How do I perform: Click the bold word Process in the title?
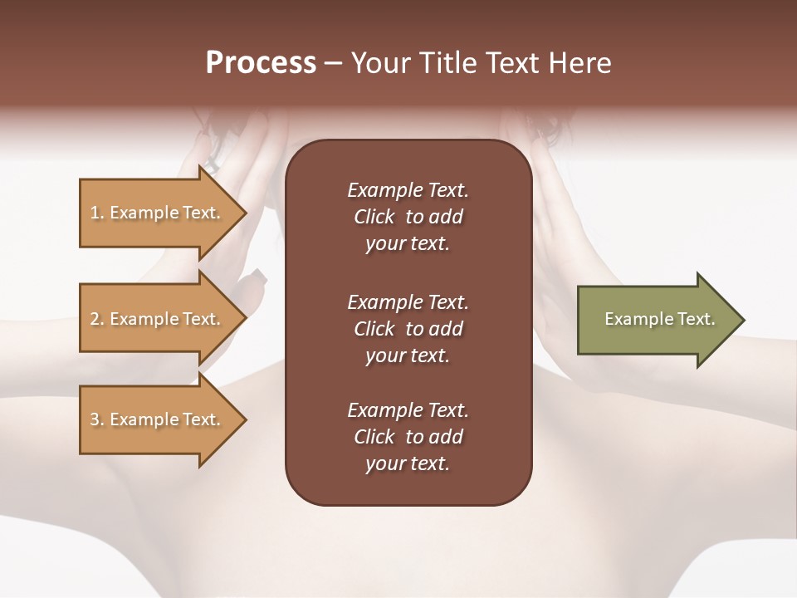coord(261,63)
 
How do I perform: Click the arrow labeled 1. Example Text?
coord(158,213)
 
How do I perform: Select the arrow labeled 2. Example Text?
coord(158,319)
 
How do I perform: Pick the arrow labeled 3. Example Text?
coord(158,419)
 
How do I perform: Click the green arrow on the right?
coord(656,320)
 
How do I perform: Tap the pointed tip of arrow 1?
coord(244,213)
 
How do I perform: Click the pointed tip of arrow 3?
coord(244,419)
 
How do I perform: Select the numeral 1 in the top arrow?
coord(95,213)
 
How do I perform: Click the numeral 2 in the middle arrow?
coord(95,319)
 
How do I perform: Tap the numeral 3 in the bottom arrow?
coord(95,419)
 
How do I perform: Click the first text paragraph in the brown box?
coord(408,217)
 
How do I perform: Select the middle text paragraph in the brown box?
coord(408,328)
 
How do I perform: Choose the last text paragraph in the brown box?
coord(408,437)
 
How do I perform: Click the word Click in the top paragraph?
coord(374,217)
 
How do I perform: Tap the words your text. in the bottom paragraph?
coord(408,464)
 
